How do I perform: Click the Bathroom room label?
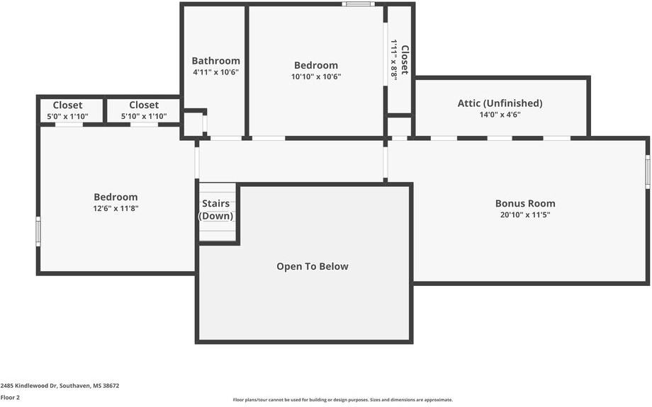point(215,61)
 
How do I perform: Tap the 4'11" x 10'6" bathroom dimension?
point(215,72)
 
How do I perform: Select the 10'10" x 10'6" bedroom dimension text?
point(316,76)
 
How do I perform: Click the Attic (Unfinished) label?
point(500,103)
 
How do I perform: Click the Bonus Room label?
point(525,203)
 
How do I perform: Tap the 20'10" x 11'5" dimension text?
point(525,214)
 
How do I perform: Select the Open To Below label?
point(313,267)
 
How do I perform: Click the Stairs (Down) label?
point(215,210)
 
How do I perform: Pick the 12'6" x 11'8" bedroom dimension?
point(116,209)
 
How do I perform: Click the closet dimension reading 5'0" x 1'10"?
point(67,117)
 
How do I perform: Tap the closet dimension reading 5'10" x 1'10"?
point(144,117)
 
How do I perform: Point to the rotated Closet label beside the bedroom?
point(405,60)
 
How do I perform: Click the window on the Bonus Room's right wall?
point(647,172)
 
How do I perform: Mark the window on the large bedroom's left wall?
point(38,231)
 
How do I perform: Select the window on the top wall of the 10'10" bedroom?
point(358,4)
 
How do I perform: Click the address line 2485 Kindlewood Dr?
point(60,386)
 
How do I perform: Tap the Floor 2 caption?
point(10,398)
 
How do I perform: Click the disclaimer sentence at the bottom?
point(342,400)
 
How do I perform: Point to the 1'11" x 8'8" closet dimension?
point(394,60)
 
